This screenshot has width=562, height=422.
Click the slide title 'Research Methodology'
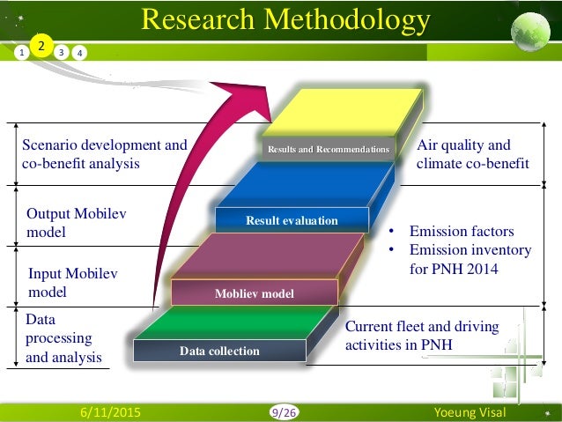pos(285,19)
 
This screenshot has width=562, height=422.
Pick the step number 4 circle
pos(80,52)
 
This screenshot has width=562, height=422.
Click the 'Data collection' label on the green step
pos(219,351)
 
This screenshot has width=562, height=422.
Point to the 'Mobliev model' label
pos(255,292)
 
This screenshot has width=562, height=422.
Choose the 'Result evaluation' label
pos(292,220)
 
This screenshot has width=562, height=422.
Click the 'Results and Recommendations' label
pos(329,150)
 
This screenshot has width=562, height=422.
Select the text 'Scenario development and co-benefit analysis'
pos(104,154)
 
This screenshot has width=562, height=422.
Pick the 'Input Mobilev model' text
pos(72,283)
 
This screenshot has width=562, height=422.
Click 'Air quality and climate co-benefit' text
pos(472,154)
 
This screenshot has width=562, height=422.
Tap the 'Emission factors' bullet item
pos(461,232)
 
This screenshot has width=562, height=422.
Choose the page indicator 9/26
pos(284,411)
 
